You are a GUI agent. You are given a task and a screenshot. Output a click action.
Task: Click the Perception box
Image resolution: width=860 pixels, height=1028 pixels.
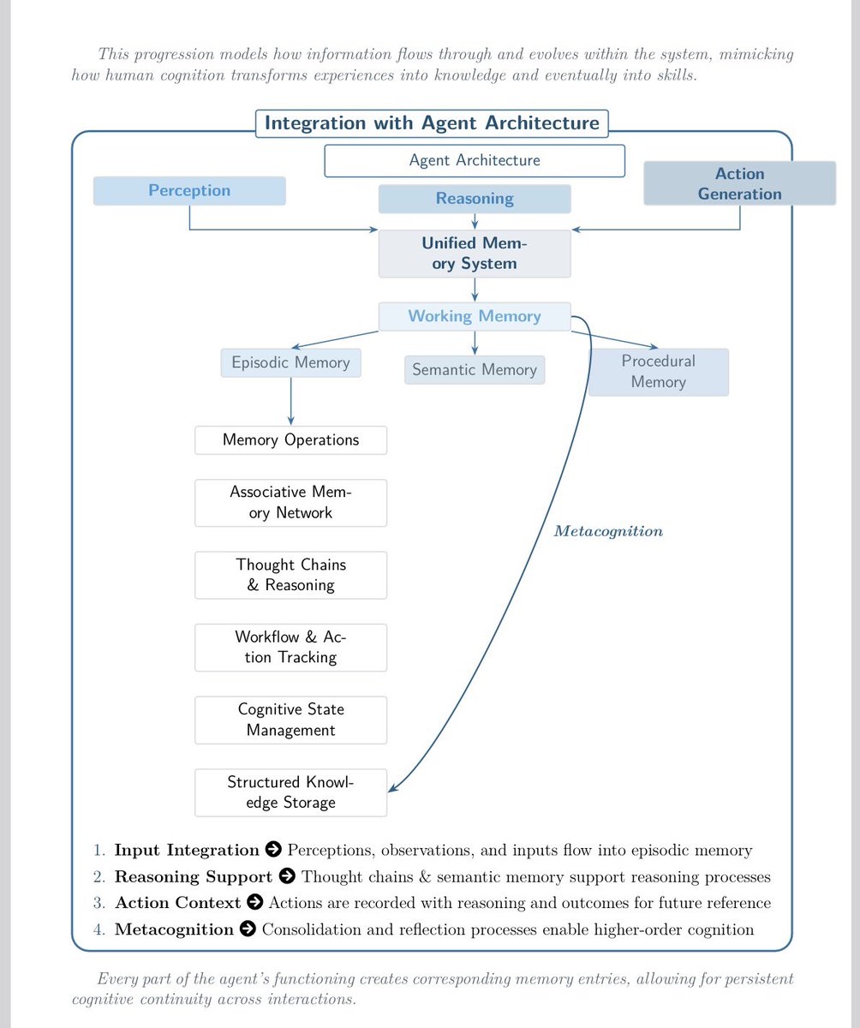coord(189,190)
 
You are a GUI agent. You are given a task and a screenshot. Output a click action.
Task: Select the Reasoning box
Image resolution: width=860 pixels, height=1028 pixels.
coord(475,199)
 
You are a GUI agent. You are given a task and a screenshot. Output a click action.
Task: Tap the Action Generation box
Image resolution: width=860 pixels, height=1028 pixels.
coord(740,183)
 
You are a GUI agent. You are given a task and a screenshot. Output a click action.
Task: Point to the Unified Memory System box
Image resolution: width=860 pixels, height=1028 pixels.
coord(475,254)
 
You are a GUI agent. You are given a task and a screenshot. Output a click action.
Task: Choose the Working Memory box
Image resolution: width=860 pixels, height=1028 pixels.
coord(475,316)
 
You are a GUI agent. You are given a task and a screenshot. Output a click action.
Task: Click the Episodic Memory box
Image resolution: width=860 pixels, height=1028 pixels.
coord(291,363)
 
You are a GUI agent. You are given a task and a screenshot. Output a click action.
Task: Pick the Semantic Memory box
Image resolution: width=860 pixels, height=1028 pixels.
coord(475,370)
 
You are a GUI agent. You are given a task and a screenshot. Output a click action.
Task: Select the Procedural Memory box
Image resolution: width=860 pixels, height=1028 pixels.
coord(659,372)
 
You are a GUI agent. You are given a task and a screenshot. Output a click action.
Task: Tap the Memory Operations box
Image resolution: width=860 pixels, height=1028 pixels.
coord(291,440)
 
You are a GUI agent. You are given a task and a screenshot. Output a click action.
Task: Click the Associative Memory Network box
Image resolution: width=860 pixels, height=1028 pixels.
coord(291,503)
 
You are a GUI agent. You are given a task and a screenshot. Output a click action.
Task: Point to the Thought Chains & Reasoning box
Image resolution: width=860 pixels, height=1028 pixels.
coord(291,575)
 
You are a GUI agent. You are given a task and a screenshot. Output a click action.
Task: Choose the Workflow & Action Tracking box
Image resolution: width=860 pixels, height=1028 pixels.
coord(291,648)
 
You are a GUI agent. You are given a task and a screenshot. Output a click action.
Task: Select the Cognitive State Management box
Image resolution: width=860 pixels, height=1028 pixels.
coord(291,720)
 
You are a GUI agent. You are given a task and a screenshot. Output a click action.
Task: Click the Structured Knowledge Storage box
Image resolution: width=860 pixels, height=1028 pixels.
coord(291,792)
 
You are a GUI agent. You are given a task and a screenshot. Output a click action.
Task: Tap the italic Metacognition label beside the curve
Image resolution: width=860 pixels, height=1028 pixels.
coord(608,531)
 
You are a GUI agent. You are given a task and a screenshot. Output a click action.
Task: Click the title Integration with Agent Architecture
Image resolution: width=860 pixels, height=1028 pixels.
coord(432,123)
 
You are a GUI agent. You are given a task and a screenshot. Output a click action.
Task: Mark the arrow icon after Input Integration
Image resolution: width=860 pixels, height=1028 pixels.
coord(273,849)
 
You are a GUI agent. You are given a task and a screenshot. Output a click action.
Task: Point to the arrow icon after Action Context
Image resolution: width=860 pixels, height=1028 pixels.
coord(254,902)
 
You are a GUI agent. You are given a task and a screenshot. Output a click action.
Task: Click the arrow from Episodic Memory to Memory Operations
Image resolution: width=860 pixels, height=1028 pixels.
coord(291,401)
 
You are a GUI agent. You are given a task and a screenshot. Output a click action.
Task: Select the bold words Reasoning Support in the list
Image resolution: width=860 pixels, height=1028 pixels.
coord(194,877)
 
